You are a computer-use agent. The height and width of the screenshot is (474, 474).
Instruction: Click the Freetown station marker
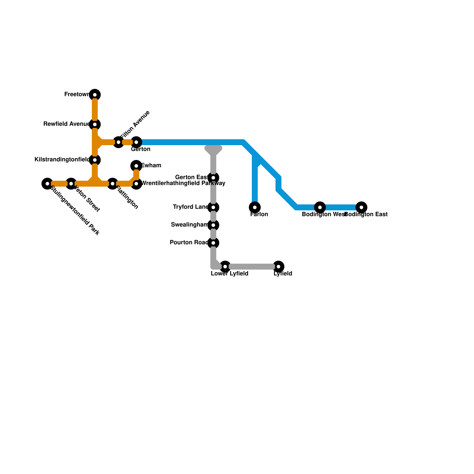click(x=95, y=95)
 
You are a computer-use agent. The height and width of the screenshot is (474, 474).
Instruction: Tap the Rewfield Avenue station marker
click(x=95, y=124)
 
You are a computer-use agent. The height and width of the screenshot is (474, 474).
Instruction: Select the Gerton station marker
click(x=136, y=142)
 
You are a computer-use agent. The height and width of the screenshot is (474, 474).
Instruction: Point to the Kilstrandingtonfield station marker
click(x=95, y=160)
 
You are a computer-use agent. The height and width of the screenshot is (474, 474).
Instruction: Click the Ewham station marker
click(x=136, y=166)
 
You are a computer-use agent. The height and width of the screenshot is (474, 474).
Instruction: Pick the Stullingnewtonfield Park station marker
click(x=47, y=184)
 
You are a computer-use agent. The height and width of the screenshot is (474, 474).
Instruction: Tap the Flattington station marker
click(x=113, y=184)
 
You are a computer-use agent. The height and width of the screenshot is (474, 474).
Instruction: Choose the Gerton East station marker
click(x=213, y=178)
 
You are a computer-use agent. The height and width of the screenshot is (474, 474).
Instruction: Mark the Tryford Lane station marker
click(x=213, y=207)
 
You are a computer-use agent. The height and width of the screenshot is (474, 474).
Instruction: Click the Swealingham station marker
click(x=213, y=225)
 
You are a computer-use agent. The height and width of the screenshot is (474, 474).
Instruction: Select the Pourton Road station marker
click(x=213, y=243)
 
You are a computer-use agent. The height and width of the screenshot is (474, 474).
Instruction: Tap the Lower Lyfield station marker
click(x=225, y=267)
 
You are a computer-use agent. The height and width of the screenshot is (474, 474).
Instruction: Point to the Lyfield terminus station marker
click(x=278, y=267)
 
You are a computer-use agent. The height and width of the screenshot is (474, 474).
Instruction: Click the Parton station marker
click(x=255, y=207)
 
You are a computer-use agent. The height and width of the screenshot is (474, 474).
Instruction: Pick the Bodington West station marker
click(x=320, y=207)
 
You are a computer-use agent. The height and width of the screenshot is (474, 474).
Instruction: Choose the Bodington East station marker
click(x=361, y=207)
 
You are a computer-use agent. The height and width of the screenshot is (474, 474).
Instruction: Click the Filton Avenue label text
click(x=135, y=125)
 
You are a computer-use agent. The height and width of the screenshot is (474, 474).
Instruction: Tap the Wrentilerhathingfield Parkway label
click(x=183, y=183)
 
